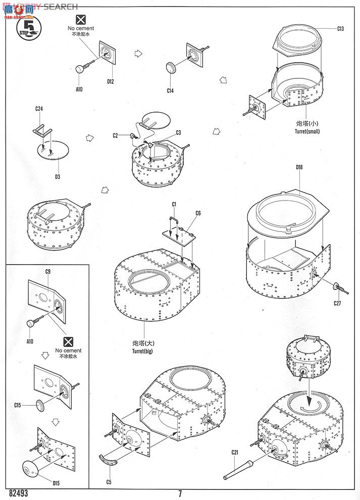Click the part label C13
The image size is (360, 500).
point(341,29)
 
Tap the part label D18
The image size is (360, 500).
point(299,167)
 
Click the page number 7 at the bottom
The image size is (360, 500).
point(180,493)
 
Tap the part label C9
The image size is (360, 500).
point(48,271)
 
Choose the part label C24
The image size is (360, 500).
point(39,109)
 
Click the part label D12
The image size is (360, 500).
point(111,81)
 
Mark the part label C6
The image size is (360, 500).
point(197,213)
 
